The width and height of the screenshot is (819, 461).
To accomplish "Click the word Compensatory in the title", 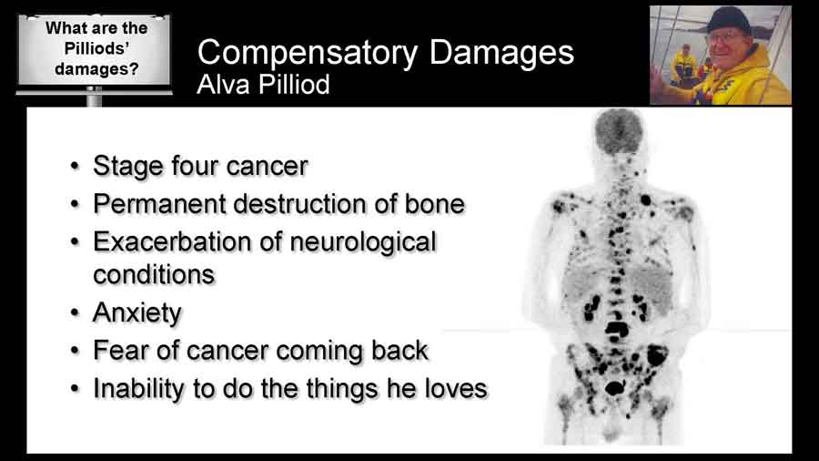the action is [308, 53].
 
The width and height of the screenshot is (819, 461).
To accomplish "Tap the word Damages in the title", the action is [501, 52].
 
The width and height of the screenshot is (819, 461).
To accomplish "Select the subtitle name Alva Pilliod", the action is [263, 84].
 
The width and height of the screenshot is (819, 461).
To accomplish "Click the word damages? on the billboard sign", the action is [96, 68].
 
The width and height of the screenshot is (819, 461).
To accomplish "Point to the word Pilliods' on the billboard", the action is [96, 48].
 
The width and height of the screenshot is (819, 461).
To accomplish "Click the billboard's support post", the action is [94, 97].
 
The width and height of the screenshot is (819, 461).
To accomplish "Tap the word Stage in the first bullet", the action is [128, 167].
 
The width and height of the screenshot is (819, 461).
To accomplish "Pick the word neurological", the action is [363, 243].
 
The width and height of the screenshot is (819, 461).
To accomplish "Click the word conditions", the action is [154, 275].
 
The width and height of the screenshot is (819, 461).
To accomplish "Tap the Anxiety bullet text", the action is [136, 313].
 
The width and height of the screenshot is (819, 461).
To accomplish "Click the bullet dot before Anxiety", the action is [76, 313].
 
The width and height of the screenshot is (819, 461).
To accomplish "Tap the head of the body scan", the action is [619, 131].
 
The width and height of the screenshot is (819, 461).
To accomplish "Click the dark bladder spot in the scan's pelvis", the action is [615, 388].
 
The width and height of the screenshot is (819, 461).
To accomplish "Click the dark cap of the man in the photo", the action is [729, 20].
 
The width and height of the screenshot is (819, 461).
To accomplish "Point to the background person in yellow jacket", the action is [683, 65].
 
